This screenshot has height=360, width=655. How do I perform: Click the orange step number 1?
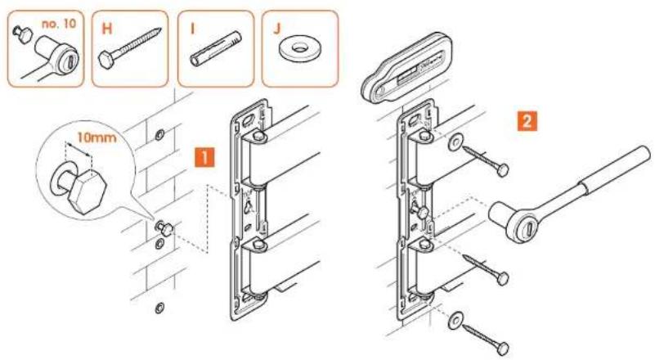pyautogui.click(x=204, y=157)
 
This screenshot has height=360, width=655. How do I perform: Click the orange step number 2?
pyautogui.click(x=527, y=121)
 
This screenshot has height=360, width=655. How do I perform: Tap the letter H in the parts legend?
pyautogui.click(x=106, y=29)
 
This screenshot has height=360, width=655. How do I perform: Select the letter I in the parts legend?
pyautogui.click(x=192, y=29)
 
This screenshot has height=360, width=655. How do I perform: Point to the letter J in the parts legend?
pyautogui.click(x=277, y=29)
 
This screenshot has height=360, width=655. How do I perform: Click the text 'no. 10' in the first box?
pyautogui.click(x=59, y=24)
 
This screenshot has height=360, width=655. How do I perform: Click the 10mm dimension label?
pyautogui.click(x=96, y=137)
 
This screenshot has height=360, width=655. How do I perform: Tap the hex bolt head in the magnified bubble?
pyautogui.click(x=87, y=191)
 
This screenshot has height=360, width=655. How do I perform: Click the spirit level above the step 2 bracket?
pyautogui.click(x=406, y=67)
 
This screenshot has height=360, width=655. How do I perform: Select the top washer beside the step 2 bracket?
pyautogui.click(x=455, y=142)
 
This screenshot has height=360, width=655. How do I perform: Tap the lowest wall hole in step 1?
pyautogui.click(x=159, y=308)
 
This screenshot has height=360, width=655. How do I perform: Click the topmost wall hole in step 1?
pyautogui.click(x=159, y=135)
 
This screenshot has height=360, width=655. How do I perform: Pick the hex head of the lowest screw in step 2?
pyautogui.click(x=504, y=348)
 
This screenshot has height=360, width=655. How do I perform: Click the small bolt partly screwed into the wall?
pyautogui.click(x=164, y=228)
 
